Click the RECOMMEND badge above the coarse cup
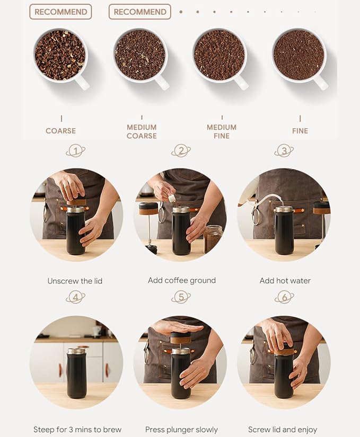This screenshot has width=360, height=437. (60, 12)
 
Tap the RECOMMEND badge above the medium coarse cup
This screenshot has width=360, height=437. (140, 12)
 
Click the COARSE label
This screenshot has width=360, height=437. (61, 131)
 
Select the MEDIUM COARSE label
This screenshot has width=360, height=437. (142, 131)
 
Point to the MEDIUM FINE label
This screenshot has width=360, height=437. (222, 131)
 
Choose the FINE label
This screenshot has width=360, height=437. (300, 131)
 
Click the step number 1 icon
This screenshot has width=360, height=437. (76, 151)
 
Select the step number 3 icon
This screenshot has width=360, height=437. (284, 151)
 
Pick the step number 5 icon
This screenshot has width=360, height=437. (181, 297)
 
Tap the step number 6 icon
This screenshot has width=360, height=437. (284, 297)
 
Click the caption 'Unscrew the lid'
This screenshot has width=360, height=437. (75, 281)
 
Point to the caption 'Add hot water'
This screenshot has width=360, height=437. (285, 280)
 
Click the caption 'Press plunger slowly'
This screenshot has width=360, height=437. (181, 429)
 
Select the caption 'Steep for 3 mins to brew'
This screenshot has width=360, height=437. (77, 430)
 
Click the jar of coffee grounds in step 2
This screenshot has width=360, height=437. (213, 239)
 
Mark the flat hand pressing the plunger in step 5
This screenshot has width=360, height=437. (178, 326)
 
